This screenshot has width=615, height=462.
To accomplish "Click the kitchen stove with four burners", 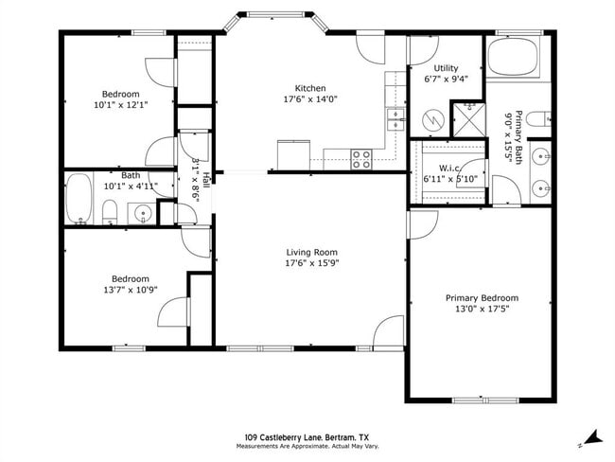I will [x=361, y=159].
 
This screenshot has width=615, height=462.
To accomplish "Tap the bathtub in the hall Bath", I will [x=80, y=200].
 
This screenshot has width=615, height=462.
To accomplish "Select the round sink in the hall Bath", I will [x=143, y=213].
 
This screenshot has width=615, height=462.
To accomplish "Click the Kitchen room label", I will [x=310, y=87].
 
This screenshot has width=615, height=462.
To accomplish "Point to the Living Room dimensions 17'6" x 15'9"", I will [x=312, y=263].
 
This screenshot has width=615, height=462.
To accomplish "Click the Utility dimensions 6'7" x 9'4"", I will [x=445, y=80].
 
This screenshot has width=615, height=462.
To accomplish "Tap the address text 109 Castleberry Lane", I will [x=284, y=436].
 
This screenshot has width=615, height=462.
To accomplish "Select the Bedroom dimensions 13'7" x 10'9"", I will [x=131, y=291].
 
